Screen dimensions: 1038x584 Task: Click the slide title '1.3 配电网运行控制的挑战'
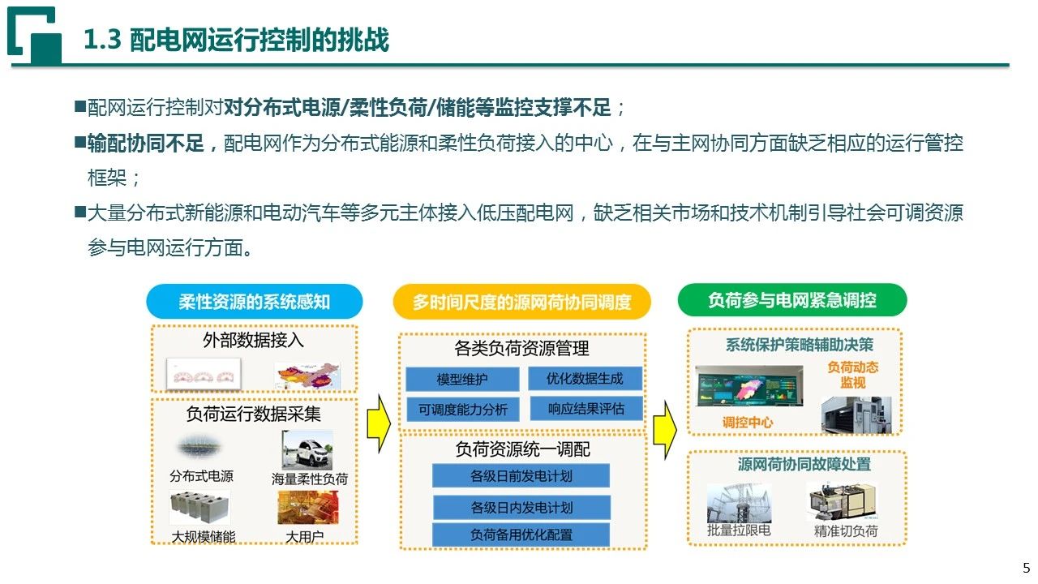[236, 40]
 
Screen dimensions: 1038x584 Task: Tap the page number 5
[1026, 567]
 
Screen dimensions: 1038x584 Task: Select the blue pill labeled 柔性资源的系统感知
[255, 301]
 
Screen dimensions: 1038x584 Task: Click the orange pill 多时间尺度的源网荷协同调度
[521, 302]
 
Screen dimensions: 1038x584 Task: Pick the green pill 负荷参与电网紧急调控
[792, 300]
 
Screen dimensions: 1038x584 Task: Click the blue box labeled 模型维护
[462, 379]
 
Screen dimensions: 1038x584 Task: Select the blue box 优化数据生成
[585, 378]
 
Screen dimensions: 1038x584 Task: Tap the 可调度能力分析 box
[462, 410]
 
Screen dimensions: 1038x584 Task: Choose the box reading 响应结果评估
[586, 408]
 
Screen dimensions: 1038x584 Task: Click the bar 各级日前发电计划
[521, 475]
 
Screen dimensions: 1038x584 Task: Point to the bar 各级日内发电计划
[521, 507]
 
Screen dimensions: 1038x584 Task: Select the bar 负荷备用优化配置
[521, 535]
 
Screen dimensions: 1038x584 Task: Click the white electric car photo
[307, 449]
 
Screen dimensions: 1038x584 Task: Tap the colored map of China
[307, 376]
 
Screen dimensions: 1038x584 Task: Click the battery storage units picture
[199, 508]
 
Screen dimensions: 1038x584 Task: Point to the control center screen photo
[749, 385]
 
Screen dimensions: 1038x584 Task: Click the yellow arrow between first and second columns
[379, 423]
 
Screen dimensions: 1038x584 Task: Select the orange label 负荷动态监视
[852, 375]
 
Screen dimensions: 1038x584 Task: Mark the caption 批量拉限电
[739, 530]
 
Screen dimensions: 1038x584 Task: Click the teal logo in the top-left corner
[34, 35]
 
